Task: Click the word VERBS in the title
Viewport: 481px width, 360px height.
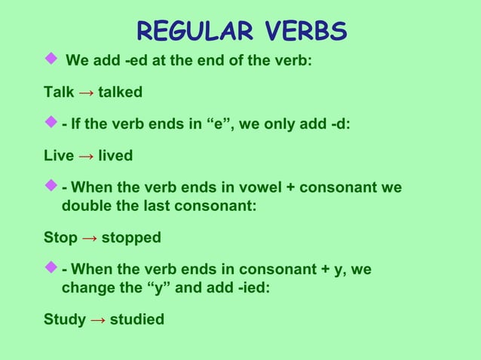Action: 299,32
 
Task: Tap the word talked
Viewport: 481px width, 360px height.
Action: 120,93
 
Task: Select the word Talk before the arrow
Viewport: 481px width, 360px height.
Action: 59,93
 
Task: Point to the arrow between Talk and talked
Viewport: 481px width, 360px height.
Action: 86,93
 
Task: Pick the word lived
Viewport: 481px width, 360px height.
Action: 115,156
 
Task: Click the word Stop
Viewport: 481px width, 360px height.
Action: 60,238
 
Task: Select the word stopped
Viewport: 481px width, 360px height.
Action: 131,238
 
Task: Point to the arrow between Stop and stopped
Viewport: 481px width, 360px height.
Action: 89,238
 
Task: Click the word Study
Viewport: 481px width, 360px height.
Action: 64,319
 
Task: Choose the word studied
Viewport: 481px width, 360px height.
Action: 137,319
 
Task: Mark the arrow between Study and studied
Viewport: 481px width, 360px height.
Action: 97,319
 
